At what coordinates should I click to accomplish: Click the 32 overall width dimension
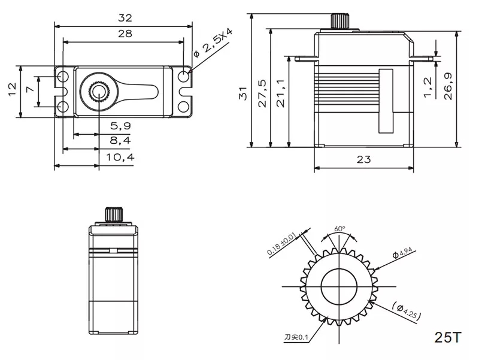[x=125, y=18]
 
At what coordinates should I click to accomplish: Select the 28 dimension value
[x=125, y=34]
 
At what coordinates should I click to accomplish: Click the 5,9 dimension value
[x=120, y=126]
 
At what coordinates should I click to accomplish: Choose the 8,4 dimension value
[x=120, y=141]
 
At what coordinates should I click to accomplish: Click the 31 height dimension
[x=242, y=93]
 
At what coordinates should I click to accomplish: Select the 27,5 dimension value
[x=262, y=93]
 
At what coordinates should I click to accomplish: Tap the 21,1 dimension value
[x=281, y=93]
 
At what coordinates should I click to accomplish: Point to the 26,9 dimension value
[x=448, y=86]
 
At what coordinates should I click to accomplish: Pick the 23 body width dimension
[x=363, y=159]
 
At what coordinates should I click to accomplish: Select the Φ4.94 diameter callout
[x=402, y=254]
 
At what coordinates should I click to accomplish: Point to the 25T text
[x=449, y=337]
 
